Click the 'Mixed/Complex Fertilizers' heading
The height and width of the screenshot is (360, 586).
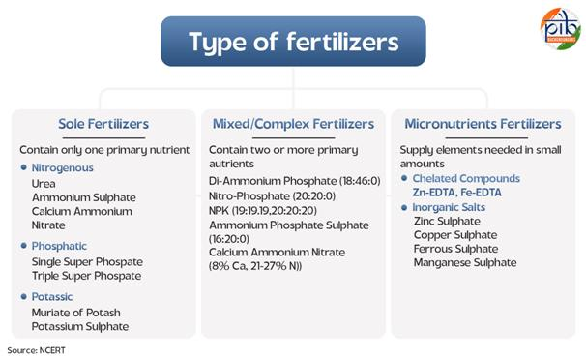[293, 124]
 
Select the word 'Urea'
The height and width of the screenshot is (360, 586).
[44, 182]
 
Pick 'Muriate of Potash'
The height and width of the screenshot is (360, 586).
[77, 312]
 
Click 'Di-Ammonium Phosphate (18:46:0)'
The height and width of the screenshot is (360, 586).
[292, 181]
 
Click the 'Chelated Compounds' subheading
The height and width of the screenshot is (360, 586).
[466, 179]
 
